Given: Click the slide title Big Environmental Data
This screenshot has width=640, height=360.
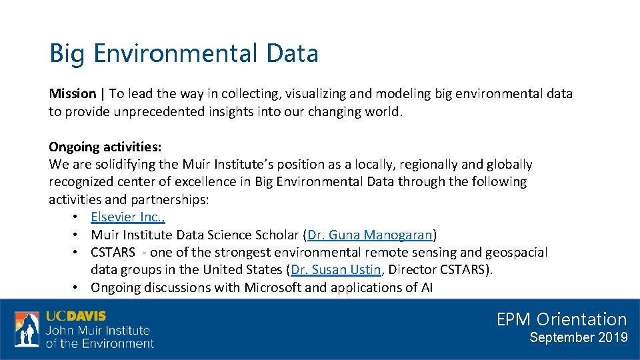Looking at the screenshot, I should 183,53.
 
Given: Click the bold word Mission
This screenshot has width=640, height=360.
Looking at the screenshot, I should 73,94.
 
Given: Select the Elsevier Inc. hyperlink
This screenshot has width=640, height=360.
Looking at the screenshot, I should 128,217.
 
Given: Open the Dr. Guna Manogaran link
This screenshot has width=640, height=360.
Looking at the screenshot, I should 370,235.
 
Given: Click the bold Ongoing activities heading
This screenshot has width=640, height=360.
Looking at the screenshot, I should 105,147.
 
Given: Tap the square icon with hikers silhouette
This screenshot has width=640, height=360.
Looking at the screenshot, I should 27,329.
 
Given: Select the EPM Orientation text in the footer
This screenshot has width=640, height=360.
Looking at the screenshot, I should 561,319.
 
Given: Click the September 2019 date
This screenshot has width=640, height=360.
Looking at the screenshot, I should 578,337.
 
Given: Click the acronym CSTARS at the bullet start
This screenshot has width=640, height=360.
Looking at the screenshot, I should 113,253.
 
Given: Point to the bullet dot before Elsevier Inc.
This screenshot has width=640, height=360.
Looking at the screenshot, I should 77,217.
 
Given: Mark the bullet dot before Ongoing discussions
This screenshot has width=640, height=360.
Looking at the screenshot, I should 77,288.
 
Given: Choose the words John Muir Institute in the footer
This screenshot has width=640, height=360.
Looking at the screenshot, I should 98,330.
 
